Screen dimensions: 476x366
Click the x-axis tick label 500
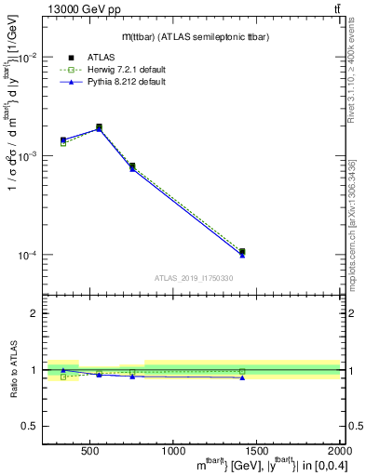point(90,452)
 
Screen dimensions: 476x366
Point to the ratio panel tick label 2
point(34,313)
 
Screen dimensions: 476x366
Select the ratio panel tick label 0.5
point(30,426)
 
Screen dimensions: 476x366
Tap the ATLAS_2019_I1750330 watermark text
point(193,278)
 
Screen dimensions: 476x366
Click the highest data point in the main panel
point(99,127)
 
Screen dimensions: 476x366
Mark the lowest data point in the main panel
point(242,252)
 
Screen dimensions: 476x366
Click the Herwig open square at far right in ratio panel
point(242,372)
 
